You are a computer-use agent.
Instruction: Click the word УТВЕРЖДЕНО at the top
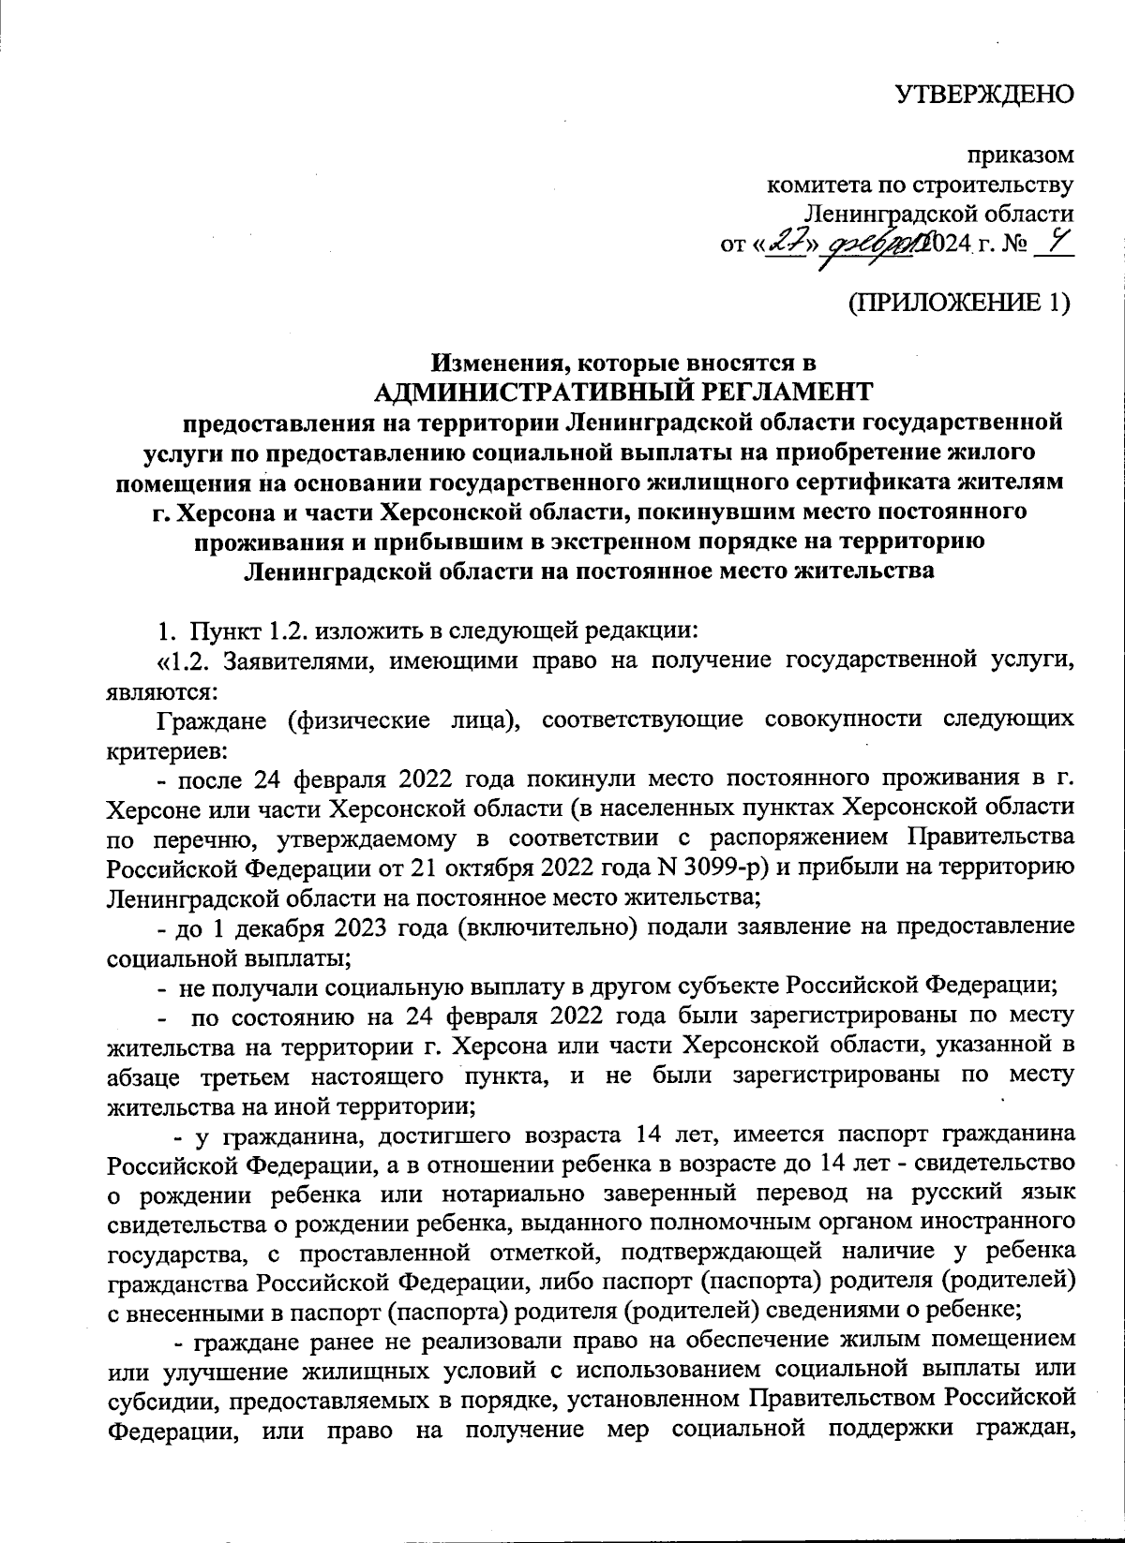coord(982,95)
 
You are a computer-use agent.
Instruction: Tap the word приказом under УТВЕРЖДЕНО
coord(1021,156)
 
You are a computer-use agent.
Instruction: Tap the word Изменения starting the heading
coord(491,363)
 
